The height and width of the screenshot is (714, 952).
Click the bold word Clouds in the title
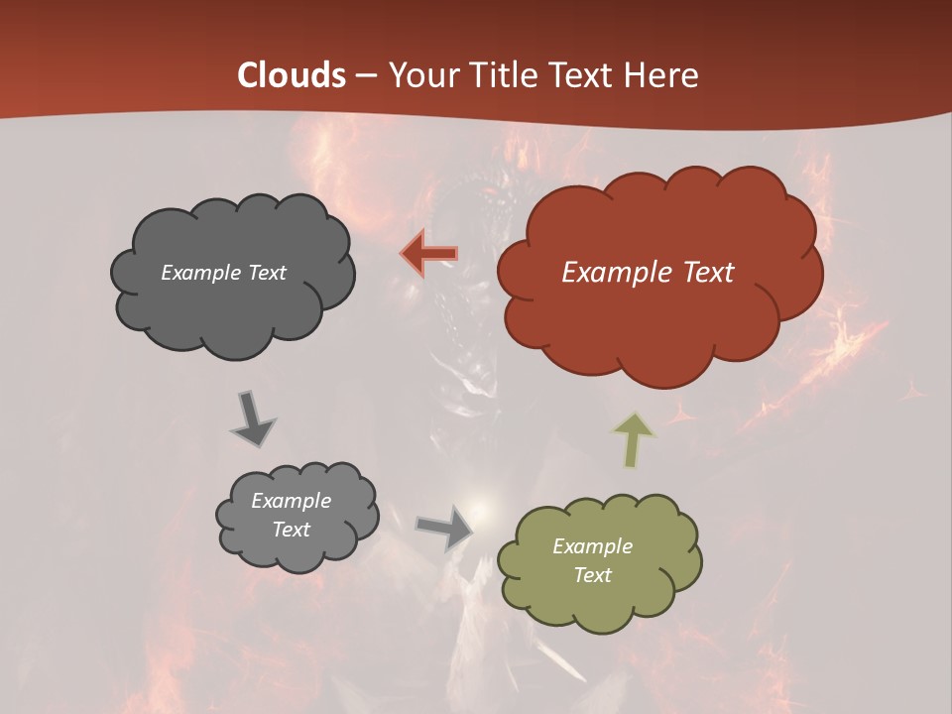pos(293,75)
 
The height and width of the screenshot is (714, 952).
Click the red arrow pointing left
pos(429,254)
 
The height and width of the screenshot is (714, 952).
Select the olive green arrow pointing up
pos(635,439)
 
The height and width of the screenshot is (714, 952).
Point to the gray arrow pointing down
pos(253,419)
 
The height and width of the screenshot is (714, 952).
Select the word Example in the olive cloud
pos(592,546)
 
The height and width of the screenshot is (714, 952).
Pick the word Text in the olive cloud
pos(592,575)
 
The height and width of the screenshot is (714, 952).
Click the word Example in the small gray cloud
pos(291,501)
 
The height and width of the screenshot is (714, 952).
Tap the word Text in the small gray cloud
pos(291,530)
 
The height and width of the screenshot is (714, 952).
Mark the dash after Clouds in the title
pos(364,75)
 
